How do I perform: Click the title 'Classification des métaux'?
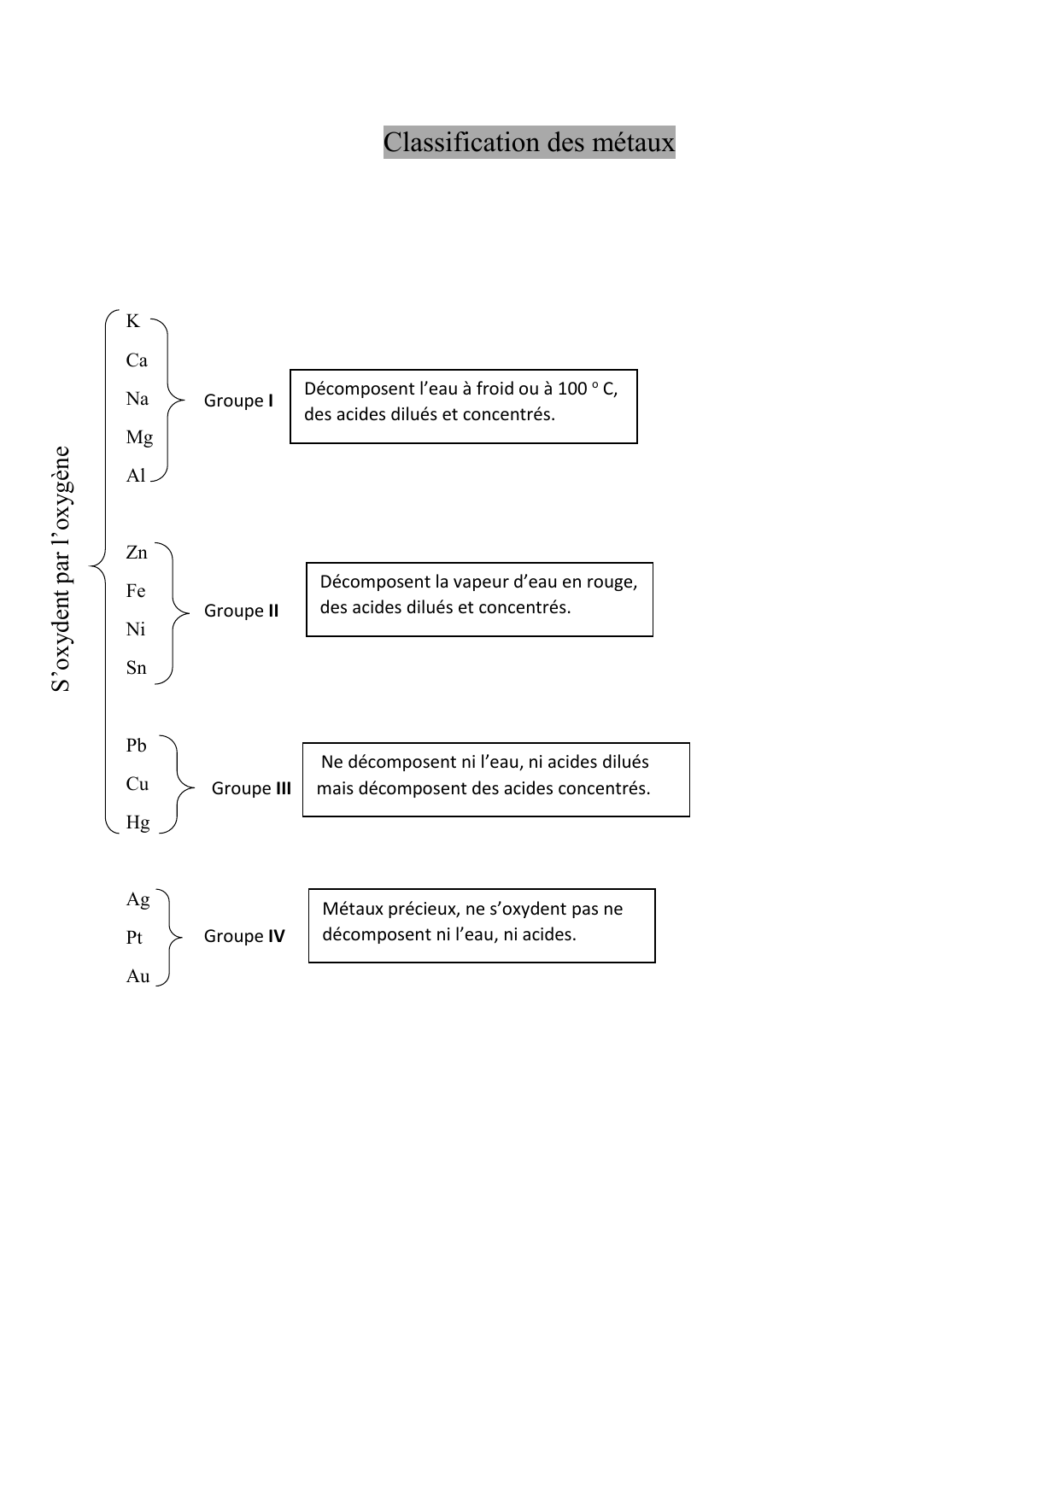[x=529, y=143]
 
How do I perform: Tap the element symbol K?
[x=132, y=321]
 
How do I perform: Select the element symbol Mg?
[x=139, y=437]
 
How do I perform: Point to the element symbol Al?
[x=136, y=476]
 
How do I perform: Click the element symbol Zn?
[x=137, y=553]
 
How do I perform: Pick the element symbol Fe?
[x=136, y=591]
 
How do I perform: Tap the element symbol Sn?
[x=137, y=668]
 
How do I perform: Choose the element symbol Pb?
[x=137, y=746]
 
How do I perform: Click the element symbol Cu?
[x=138, y=784]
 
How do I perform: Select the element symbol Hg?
[x=138, y=822]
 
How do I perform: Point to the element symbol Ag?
[x=138, y=899]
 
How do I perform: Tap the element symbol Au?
[x=138, y=976]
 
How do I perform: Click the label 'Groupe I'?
[x=238, y=401]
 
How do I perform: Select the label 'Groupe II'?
[x=241, y=611]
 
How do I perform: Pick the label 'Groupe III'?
[x=251, y=788]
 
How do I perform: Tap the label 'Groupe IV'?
[x=244, y=936]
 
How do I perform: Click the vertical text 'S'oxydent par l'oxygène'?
[x=61, y=569]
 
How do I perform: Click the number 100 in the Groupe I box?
[x=572, y=389]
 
